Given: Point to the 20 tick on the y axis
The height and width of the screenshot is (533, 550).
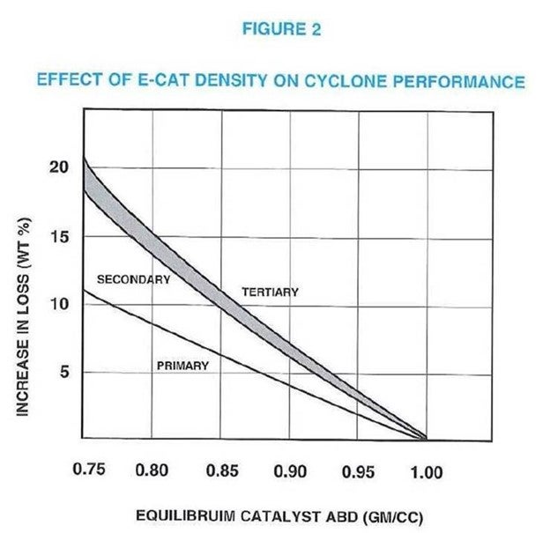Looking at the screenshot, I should coord(58,167).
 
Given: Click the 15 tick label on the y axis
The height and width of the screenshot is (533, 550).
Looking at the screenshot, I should coord(58,237).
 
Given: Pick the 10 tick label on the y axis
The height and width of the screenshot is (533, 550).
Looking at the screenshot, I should coord(58,305).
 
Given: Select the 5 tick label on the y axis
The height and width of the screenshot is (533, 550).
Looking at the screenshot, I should coord(63,373).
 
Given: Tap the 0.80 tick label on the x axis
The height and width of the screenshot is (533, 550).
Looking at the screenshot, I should coord(152,471).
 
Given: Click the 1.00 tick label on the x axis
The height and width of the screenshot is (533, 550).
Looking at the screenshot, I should coord(427,471).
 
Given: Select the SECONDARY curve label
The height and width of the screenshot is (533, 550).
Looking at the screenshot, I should coord(133,279).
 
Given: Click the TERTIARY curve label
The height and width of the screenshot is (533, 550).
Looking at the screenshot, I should coord(270,292).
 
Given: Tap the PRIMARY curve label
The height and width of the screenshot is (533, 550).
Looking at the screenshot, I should coord(182,365).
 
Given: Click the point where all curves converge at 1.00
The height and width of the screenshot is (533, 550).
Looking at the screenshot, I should coord(427,438).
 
